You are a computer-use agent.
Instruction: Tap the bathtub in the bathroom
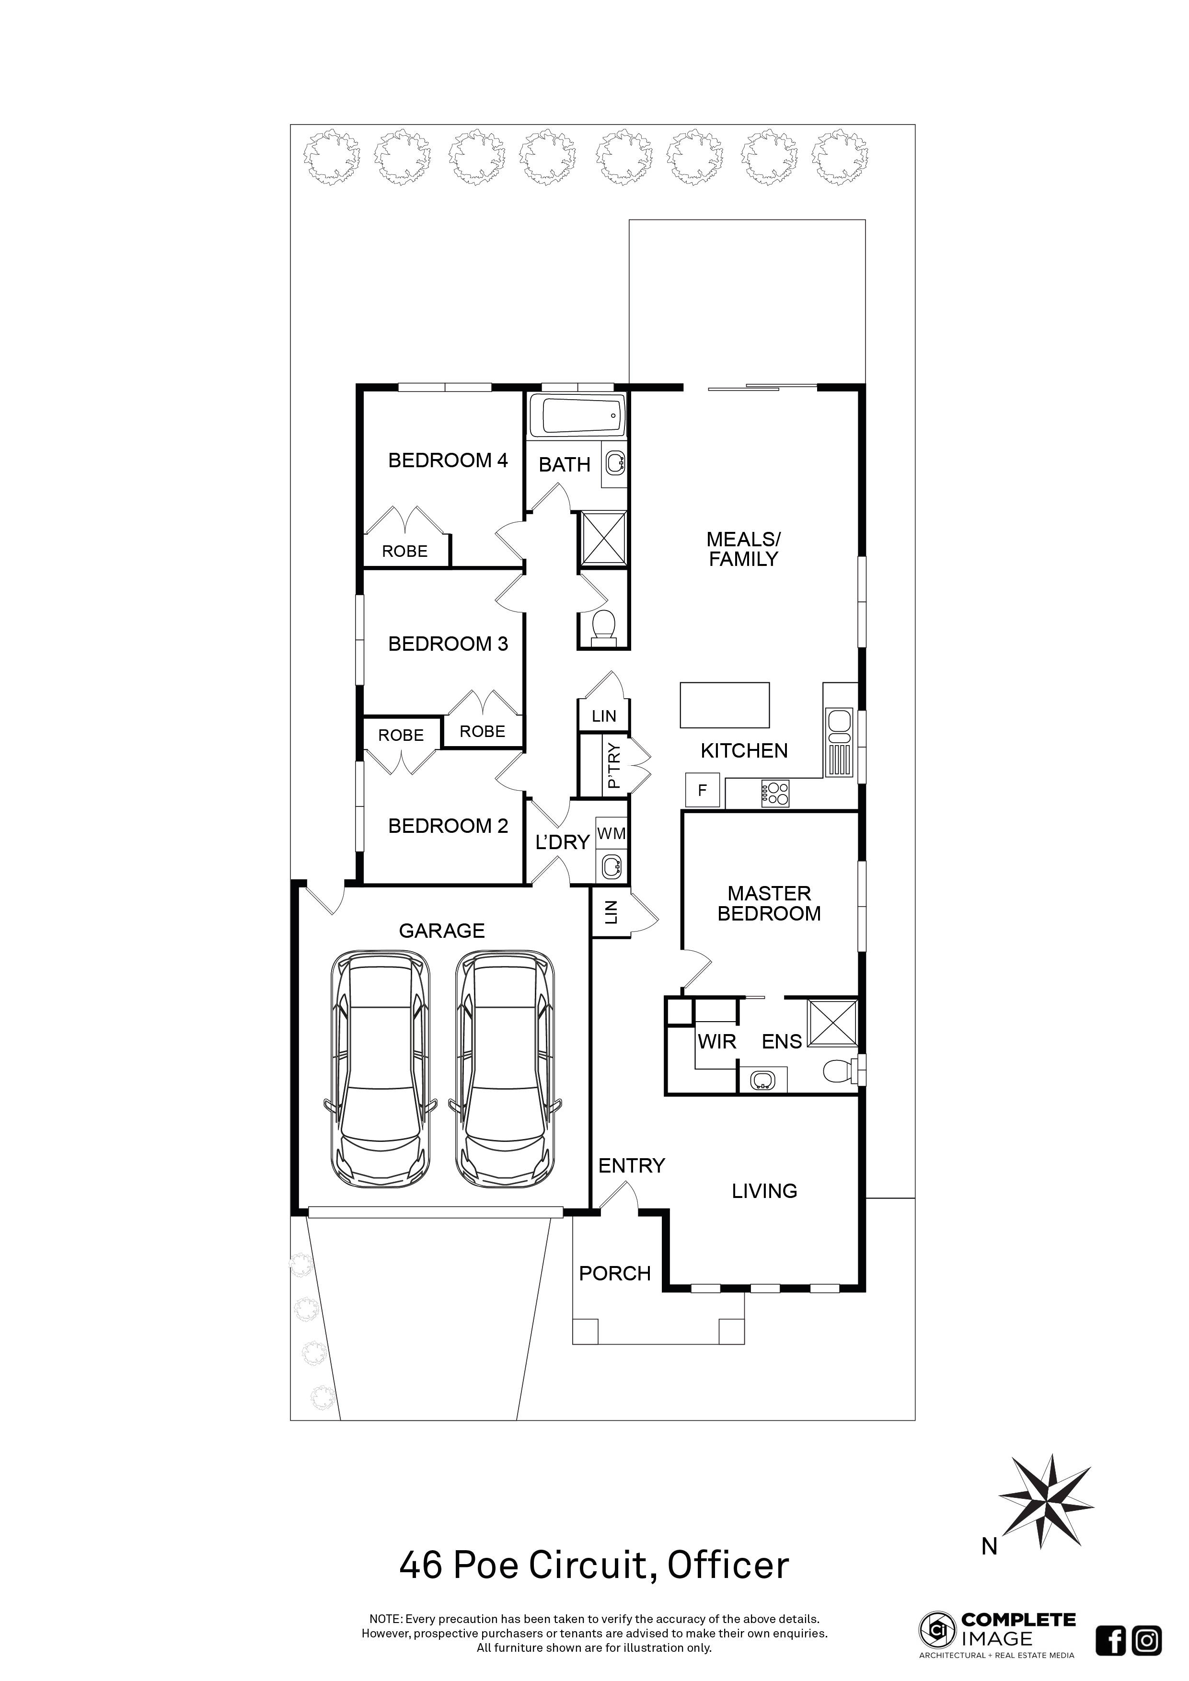click(x=577, y=416)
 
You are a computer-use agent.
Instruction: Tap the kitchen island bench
click(x=725, y=705)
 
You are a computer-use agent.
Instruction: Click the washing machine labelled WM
click(x=612, y=833)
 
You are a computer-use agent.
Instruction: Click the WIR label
click(x=717, y=1042)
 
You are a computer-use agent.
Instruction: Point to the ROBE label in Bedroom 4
click(x=405, y=551)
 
